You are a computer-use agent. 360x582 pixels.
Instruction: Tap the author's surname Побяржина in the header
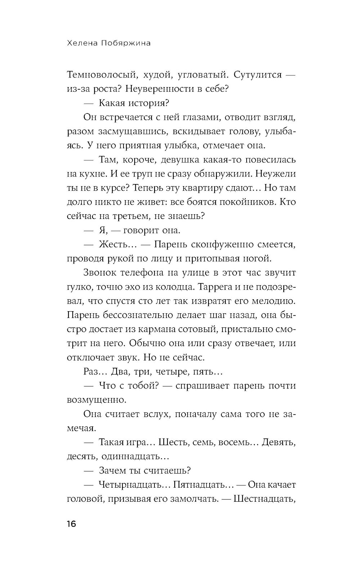click(122, 43)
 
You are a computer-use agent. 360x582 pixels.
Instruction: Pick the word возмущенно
click(97, 400)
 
